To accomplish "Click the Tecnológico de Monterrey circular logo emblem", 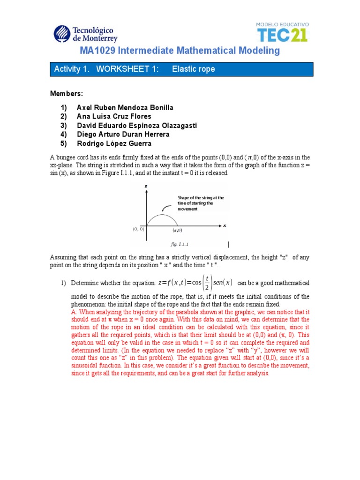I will pos(62,34).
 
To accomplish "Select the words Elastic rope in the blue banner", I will pos(193,69).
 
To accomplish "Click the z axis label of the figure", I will pos(146,186).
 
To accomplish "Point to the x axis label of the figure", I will pos(225,225).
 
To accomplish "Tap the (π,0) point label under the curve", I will pos(178,231).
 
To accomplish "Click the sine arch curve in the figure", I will pos(162,215).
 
